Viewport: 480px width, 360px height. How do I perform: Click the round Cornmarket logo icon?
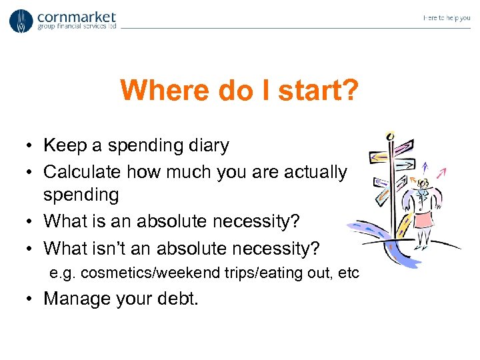[21, 21]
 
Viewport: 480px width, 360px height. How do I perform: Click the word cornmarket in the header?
[77, 17]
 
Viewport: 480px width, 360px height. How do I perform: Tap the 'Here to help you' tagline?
[446, 18]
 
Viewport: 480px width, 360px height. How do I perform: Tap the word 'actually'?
[319, 172]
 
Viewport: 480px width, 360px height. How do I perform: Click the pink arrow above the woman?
[440, 173]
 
